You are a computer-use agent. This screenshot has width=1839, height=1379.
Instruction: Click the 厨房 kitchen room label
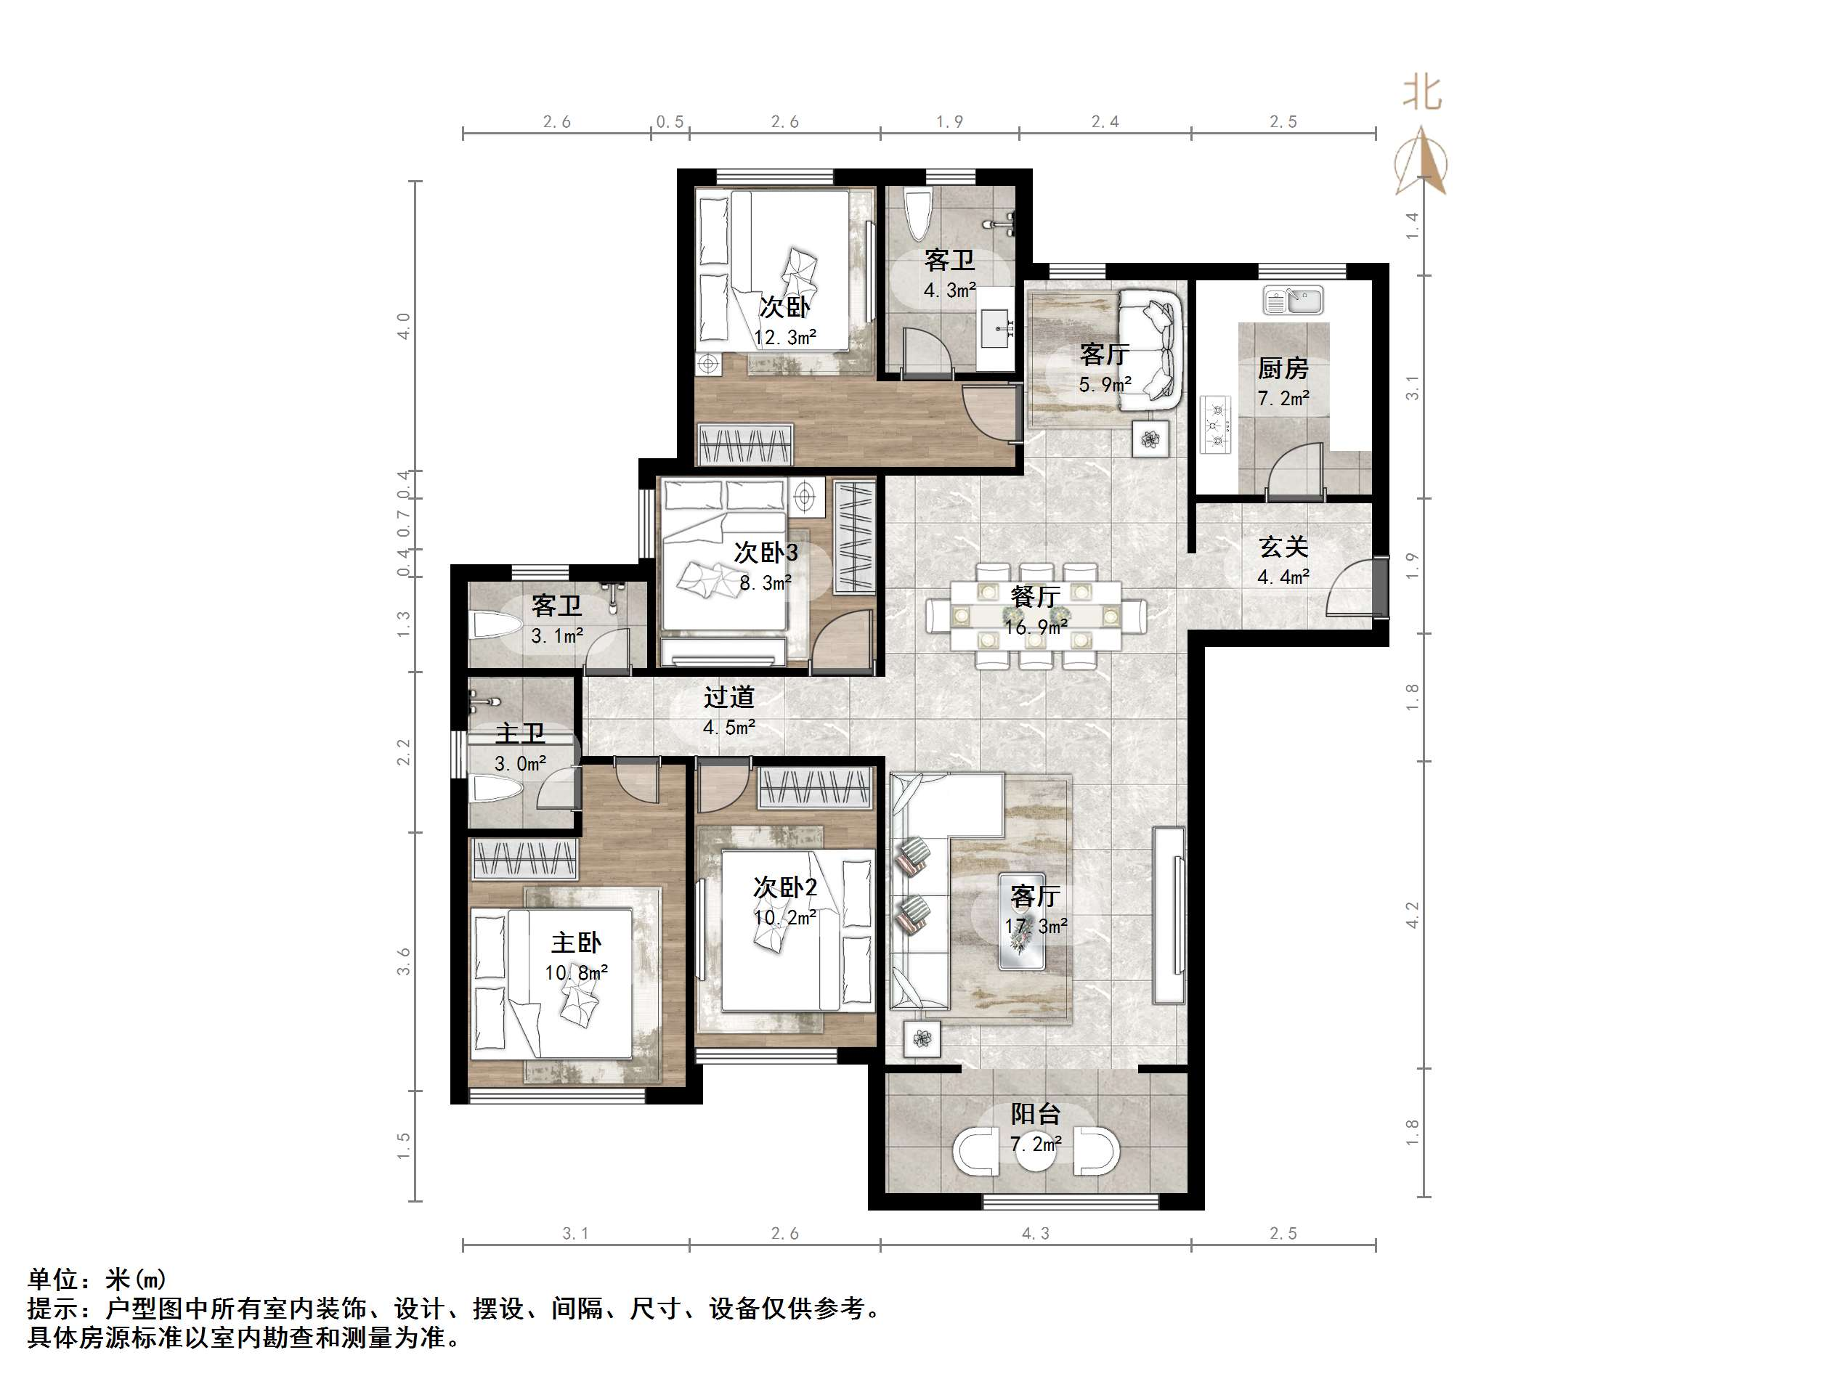(x=1283, y=367)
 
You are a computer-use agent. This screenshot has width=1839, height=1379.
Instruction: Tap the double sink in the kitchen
(x=1293, y=300)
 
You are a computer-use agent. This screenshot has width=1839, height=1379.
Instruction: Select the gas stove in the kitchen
(x=1216, y=425)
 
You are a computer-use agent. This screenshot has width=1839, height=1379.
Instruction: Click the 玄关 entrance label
(x=1283, y=547)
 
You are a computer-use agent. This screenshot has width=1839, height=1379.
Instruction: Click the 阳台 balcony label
(x=1035, y=1113)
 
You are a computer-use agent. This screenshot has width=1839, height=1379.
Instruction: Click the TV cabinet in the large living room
(x=1169, y=915)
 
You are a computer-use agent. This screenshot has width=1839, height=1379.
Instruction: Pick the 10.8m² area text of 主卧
(x=576, y=972)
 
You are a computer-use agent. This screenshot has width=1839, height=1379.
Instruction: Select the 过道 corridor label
(x=728, y=696)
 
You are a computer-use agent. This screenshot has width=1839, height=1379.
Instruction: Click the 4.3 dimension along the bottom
(x=1035, y=1233)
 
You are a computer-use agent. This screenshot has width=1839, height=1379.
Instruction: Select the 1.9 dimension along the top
(x=949, y=122)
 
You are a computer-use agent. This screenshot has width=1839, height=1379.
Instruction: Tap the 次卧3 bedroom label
(x=766, y=552)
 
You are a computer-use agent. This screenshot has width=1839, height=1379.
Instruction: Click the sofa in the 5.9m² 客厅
(x=1150, y=349)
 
